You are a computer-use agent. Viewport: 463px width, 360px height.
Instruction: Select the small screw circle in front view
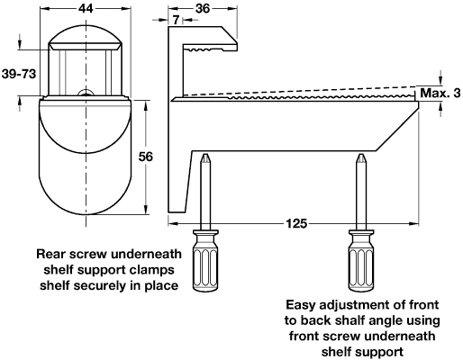(x=86, y=94)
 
